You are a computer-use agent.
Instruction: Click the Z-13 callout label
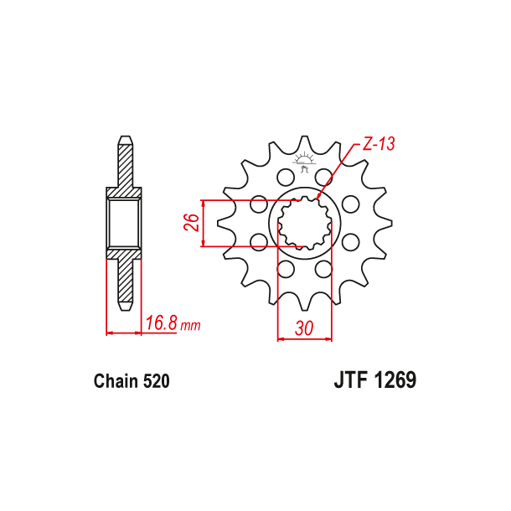[x=379, y=144]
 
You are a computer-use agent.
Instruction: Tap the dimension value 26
[x=191, y=224]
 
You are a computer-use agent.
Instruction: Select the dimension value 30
[x=304, y=329]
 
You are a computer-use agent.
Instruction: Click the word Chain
[x=116, y=381]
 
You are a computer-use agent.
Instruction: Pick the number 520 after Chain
[x=157, y=381]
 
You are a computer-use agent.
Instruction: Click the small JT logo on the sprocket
[x=304, y=162]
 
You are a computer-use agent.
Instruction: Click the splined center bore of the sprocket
[x=304, y=225]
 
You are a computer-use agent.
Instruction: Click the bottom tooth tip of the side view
[x=124, y=307]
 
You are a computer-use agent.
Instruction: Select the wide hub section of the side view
[x=124, y=224]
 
